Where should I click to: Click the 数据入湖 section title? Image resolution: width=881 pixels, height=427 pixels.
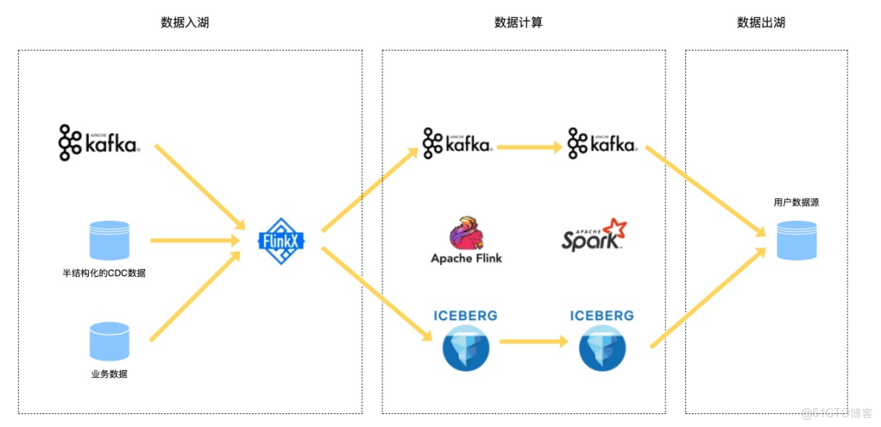point(185,23)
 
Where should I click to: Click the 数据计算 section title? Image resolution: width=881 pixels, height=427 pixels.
point(519,23)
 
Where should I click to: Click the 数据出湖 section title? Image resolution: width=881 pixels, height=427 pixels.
point(761,23)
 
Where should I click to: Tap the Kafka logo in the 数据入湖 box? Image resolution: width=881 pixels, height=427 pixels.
point(100,143)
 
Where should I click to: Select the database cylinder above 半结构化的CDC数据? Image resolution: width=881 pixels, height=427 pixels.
point(109,240)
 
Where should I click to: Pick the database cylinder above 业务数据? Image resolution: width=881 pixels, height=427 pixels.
point(109,341)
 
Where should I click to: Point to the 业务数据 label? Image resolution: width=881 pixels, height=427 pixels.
point(109,374)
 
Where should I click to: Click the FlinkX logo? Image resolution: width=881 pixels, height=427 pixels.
point(281,240)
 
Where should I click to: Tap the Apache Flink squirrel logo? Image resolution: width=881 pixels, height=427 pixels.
point(466,233)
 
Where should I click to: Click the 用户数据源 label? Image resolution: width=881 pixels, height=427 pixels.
point(796,202)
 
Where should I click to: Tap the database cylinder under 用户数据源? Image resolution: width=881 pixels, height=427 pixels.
point(796,240)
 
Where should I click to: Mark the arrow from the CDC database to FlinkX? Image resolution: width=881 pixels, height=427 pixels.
point(194,240)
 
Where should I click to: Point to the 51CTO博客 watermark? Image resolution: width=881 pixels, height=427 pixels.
point(837,413)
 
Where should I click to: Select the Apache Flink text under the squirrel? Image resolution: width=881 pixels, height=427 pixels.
point(467,258)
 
